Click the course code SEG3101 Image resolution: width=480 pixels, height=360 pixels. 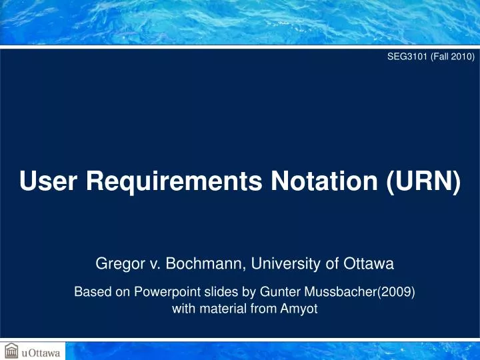(408, 57)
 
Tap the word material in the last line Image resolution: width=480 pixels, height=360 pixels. (219, 309)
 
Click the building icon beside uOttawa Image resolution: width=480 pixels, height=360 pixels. (11, 350)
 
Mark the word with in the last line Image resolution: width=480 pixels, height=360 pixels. (183, 309)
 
